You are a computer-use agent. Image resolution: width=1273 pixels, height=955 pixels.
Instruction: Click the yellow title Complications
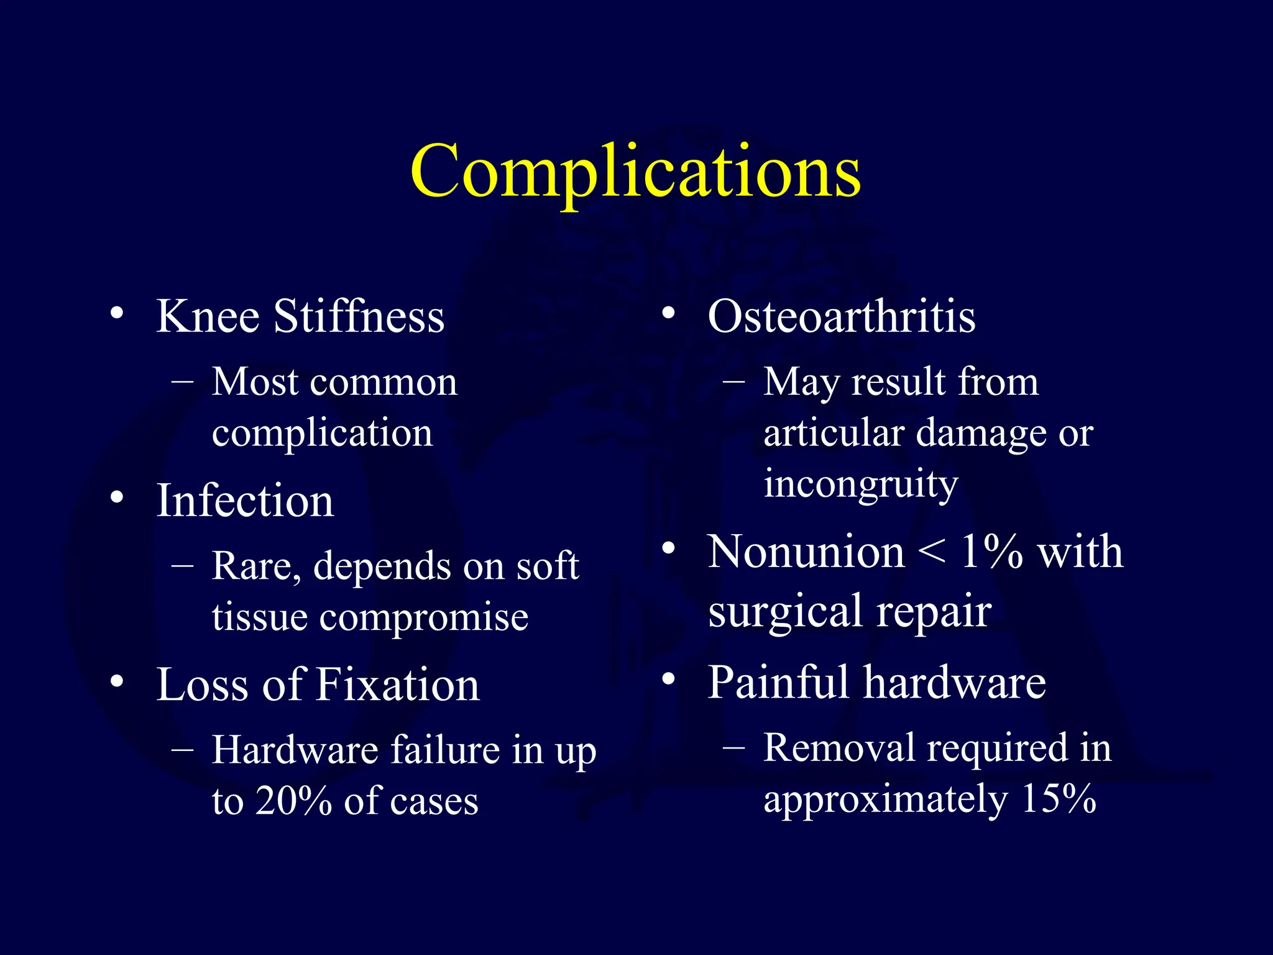tap(635, 172)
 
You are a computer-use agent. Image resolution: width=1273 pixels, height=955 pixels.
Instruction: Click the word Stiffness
tap(359, 316)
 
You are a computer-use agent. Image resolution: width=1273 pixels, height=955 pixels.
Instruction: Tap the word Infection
tap(245, 501)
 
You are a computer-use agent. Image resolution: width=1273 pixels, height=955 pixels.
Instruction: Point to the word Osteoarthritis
tap(842, 316)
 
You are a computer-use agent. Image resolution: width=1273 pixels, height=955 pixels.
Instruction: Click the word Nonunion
tap(806, 552)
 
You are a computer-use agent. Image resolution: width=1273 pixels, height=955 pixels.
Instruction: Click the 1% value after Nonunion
tap(991, 552)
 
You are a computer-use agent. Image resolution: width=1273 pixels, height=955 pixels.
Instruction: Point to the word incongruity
tap(861, 485)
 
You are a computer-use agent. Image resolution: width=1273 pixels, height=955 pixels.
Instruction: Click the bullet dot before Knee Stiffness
tap(116, 313)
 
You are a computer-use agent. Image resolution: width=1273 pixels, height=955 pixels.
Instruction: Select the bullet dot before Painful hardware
tap(668, 679)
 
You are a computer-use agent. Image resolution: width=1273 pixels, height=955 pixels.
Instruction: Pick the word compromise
tap(424, 617)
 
